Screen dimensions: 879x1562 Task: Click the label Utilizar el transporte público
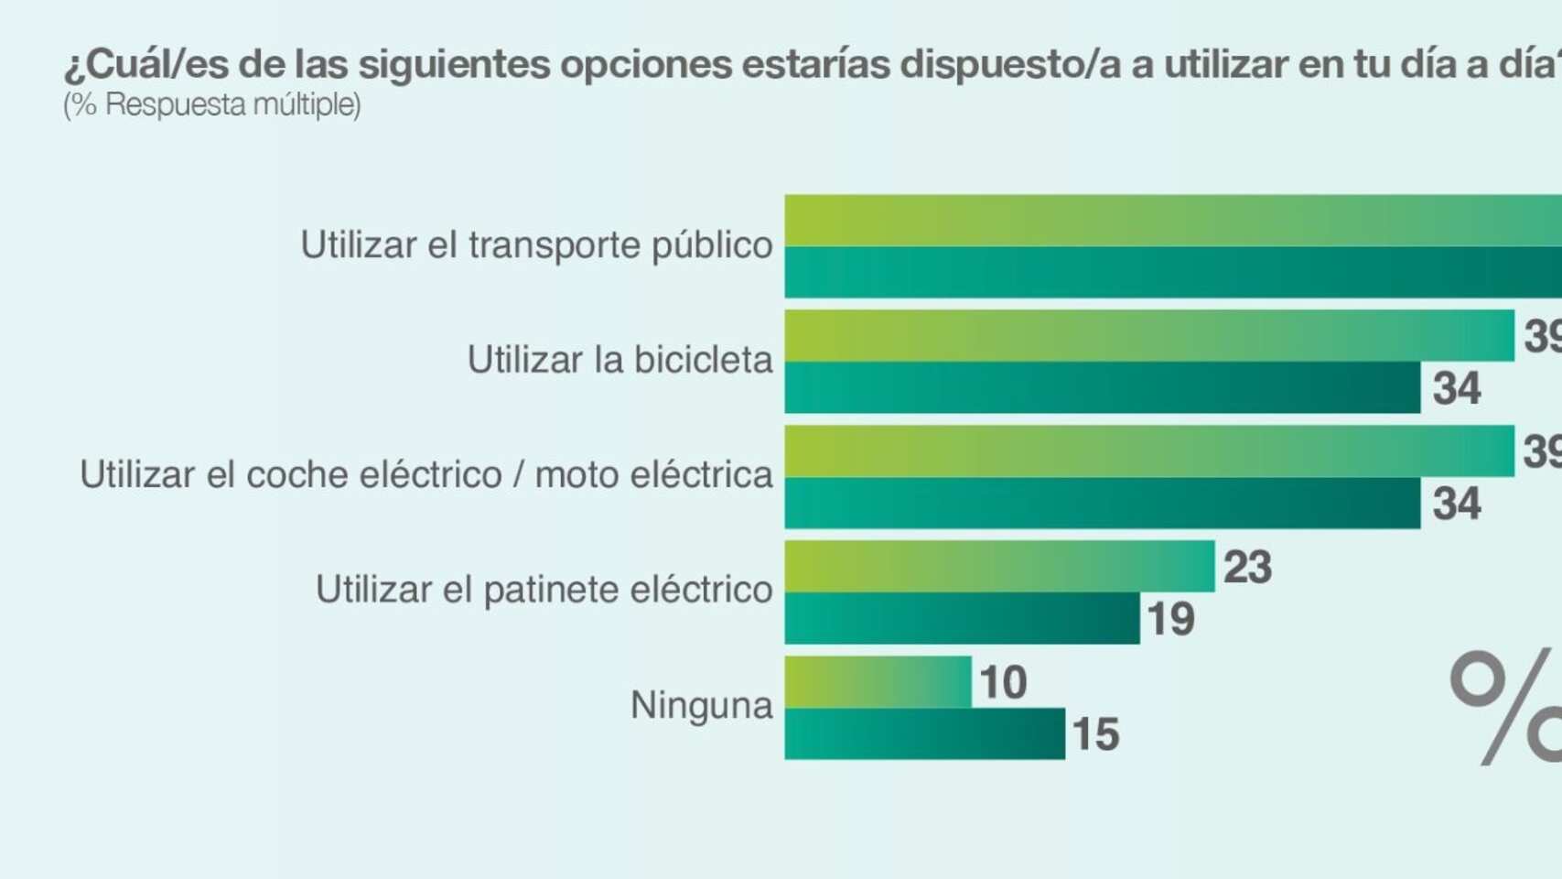point(536,245)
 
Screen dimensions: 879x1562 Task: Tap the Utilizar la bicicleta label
point(619,360)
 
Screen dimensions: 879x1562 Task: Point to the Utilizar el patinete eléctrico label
point(544,590)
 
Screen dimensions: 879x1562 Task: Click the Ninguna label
point(701,705)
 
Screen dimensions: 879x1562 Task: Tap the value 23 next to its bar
point(1247,568)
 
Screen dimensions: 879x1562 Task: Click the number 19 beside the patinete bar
point(1170,620)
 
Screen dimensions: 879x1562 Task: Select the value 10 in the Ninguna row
point(1003,683)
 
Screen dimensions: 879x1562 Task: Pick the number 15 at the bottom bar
point(1095,734)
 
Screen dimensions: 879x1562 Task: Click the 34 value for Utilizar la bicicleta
point(1457,389)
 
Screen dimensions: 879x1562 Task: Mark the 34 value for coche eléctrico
point(1457,504)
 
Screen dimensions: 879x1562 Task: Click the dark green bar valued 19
point(962,618)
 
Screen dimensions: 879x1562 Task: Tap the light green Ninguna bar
point(878,682)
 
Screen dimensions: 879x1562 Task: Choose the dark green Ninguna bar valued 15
point(924,733)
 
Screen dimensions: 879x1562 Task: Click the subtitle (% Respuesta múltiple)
point(212,105)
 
